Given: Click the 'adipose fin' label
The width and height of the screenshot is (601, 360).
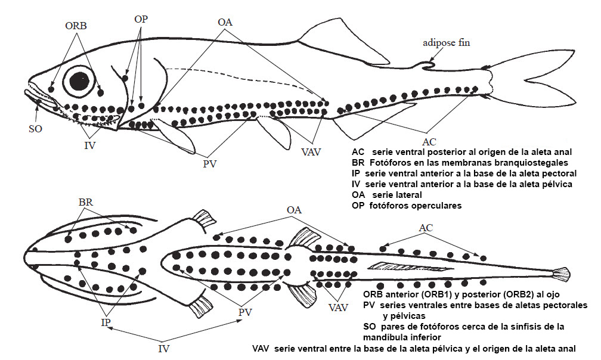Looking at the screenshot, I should pos(447,43).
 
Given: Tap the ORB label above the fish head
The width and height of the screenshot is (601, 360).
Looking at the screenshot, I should pos(76,26).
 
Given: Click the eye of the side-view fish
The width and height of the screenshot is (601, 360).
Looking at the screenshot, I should pos(79,81).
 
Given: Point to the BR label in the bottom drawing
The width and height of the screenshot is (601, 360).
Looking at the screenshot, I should pos(86,202).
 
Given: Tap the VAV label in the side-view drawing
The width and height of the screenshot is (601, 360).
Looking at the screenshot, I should pos(311,152).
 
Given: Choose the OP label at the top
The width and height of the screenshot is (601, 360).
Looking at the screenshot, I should pos(141,19).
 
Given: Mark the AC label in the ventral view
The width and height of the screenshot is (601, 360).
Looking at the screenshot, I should pos(426,228).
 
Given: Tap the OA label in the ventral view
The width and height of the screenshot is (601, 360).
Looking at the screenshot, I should pos(295,210).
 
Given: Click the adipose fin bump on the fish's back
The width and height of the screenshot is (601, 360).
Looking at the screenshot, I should pos(427,63).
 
